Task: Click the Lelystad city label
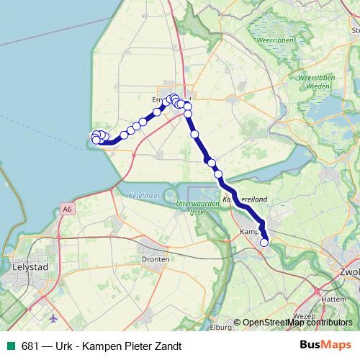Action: tap(30, 266)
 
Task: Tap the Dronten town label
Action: tap(156, 259)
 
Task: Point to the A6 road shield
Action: tap(67, 209)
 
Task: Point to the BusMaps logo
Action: tap(325, 346)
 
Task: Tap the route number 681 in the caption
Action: tap(30, 346)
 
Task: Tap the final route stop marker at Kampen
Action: tap(264, 243)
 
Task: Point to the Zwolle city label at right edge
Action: tap(349, 273)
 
